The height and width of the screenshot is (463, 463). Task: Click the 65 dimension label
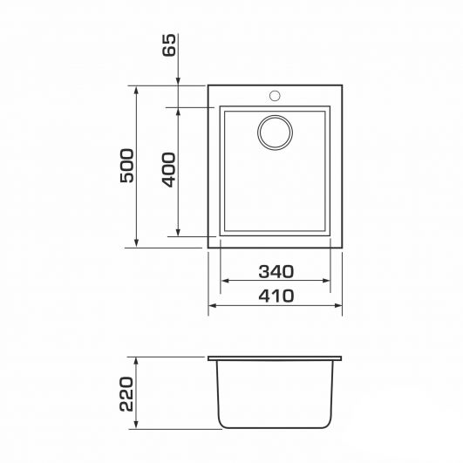point(169,44)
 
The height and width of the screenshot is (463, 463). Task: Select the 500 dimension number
point(127,166)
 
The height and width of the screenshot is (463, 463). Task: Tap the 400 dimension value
point(169,170)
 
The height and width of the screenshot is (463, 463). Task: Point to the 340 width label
point(276,272)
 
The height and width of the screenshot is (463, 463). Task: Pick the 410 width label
point(276,296)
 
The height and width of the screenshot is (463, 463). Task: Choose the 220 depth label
point(126,394)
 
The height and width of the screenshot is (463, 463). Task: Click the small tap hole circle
point(275,96)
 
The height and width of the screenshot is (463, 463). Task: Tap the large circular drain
point(276,133)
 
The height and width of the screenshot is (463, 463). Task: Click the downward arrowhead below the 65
point(178,81)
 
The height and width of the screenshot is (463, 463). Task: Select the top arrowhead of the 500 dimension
point(136,91)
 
